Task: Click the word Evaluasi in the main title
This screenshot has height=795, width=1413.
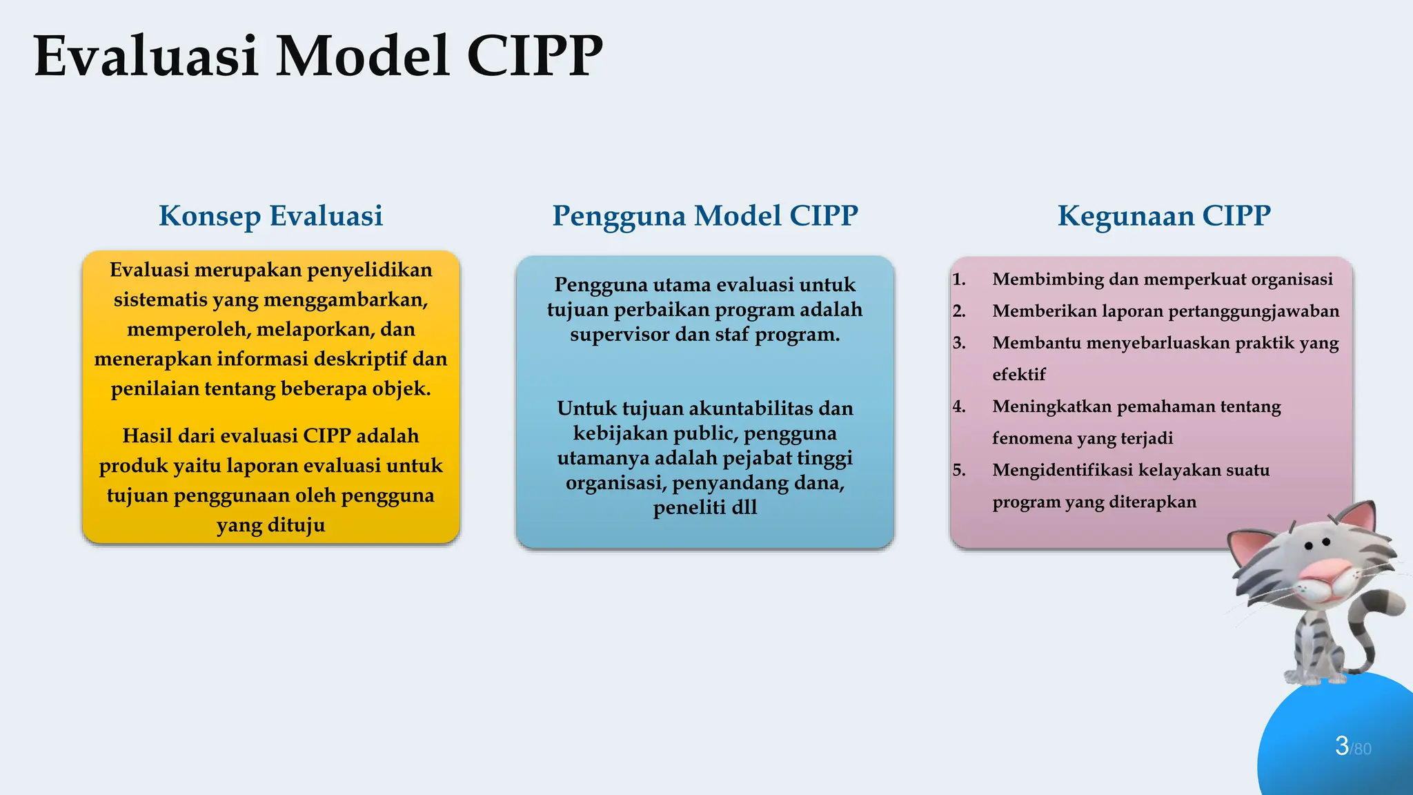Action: (x=146, y=57)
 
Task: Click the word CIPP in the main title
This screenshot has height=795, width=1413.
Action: (x=535, y=57)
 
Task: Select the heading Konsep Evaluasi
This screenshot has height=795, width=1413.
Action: (x=270, y=216)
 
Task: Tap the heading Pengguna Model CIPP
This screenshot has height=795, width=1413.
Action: (x=704, y=216)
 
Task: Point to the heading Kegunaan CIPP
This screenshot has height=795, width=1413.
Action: (x=1164, y=216)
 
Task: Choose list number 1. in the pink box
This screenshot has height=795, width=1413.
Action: (x=959, y=279)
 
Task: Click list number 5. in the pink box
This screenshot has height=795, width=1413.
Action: (x=959, y=470)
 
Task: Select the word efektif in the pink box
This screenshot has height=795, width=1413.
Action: (x=1019, y=375)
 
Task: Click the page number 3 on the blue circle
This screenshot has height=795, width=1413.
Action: (x=1341, y=745)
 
